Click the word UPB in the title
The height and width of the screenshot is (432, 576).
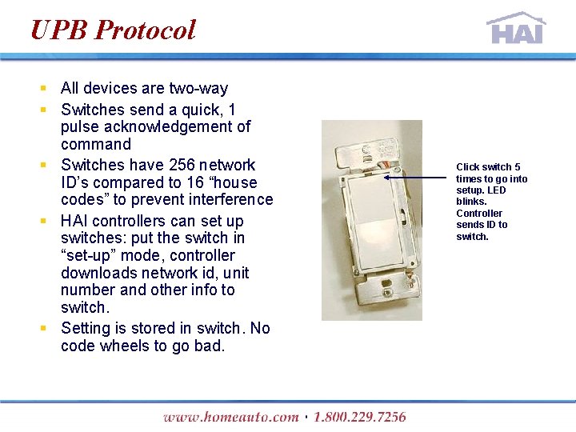[58, 30]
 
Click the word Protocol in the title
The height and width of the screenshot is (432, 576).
[145, 30]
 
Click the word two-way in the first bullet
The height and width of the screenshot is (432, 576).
[198, 88]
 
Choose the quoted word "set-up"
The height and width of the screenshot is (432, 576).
[92, 255]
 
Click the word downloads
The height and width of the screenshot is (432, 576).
[95, 273]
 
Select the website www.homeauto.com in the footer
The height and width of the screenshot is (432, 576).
[230, 417]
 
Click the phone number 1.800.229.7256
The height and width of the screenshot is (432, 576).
[360, 417]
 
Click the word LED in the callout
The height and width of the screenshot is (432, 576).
[497, 190]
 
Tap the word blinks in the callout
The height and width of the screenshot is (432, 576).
[471, 202]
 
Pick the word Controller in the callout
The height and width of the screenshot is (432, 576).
[479, 214]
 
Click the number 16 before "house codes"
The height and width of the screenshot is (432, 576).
[195, 182]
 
